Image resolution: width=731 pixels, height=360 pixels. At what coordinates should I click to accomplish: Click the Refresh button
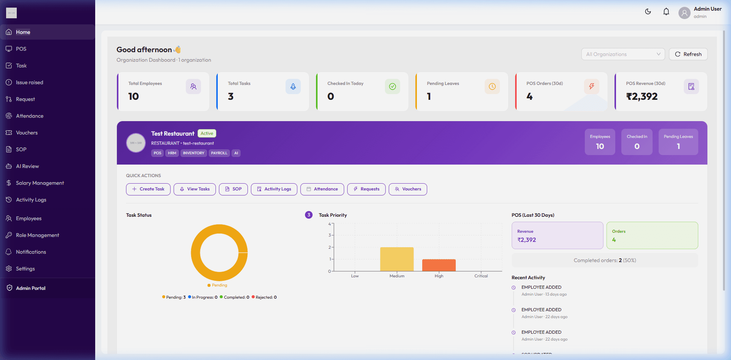pos(688,54)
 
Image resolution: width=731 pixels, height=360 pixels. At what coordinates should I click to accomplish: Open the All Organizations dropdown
pos(622,54)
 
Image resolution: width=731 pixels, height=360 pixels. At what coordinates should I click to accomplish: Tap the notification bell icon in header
pos(666,12)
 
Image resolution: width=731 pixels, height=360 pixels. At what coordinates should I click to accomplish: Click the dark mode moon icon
pos(648,12)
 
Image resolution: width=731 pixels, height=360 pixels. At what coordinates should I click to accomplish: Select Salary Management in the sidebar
pos(40,183)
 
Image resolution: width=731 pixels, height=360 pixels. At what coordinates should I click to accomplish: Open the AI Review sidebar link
pos(27,166)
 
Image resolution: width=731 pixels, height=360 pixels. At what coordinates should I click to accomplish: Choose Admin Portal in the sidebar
pos(30,288)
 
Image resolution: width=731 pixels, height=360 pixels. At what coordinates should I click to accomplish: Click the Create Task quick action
pos(148,189)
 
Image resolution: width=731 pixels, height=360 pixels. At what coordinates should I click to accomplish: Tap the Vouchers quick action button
pos(407,189)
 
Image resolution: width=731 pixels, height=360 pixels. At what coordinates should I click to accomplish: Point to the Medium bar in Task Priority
pos(397,259)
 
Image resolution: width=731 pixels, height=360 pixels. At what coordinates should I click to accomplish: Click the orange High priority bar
pos(439,265)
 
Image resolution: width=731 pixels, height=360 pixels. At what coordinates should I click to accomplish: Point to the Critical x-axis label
pos(481,276)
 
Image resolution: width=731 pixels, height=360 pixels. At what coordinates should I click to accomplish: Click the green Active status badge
pos(207,133)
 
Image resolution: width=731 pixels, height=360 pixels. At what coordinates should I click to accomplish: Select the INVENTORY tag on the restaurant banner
pos(193,153)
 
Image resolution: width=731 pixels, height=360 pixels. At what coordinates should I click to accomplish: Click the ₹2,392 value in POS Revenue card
pos(642,96)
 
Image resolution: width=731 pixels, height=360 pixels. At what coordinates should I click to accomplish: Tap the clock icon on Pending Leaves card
pos(492,86)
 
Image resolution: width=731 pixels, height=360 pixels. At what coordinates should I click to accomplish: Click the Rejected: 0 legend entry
pos(264,297)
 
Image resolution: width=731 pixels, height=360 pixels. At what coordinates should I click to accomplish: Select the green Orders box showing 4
pos(652,235)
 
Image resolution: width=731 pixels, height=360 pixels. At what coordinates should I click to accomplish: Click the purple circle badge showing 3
pos(309,215)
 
